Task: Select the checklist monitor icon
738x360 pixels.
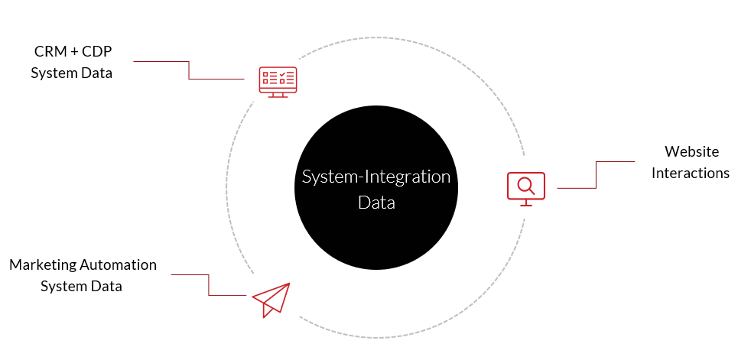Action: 278,83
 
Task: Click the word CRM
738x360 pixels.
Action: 50,52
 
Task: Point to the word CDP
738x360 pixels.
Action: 96,52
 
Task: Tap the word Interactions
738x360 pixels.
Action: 691,174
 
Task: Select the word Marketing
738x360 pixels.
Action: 43,265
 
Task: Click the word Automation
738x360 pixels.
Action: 118,264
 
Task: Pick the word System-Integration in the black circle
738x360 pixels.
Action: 376,177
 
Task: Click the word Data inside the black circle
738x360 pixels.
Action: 376,203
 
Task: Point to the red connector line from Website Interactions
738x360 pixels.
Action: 597,174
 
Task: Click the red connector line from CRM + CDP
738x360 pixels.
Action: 189,70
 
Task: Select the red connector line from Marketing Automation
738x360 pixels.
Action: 208,284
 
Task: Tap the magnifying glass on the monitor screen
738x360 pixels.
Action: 525,186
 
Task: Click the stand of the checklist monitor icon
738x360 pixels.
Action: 278,95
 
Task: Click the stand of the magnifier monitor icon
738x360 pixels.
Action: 525,203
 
